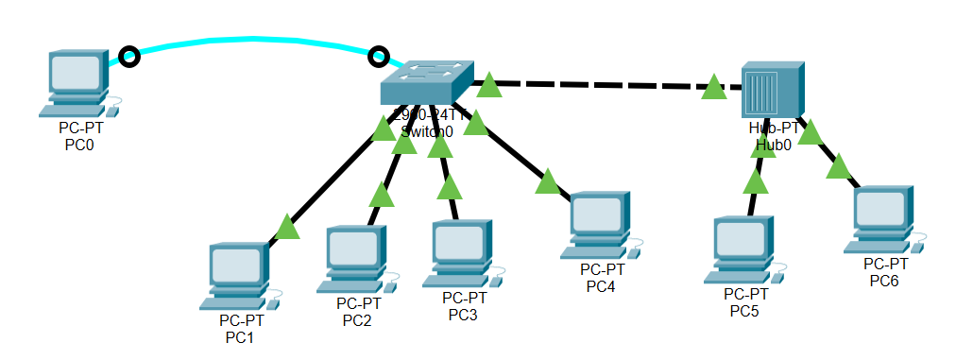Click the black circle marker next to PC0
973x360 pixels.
click(131, 57)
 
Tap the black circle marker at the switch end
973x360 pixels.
click(379, 57)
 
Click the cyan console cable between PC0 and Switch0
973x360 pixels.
click(255, 41)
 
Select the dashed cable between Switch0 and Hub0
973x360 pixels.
click(605, 86)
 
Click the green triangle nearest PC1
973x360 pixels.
click(287, 227)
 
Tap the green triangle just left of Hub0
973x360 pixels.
click(713, 88)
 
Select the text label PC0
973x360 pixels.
click(79, 146)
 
